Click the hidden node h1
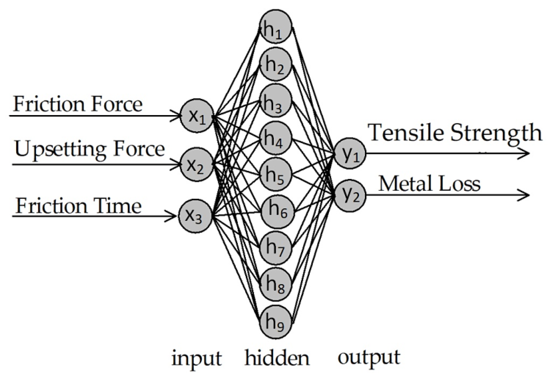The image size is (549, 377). tap(276, 28)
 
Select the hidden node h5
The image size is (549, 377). tap(276, 174)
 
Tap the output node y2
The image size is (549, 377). tap(350, 195)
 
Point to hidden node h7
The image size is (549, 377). tap(276, 248)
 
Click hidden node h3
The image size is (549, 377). tap(276, 102)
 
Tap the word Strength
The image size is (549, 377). tap(496, 133)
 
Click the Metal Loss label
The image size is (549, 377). tap(429, 184)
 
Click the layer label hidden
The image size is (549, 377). tap(277, 358)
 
